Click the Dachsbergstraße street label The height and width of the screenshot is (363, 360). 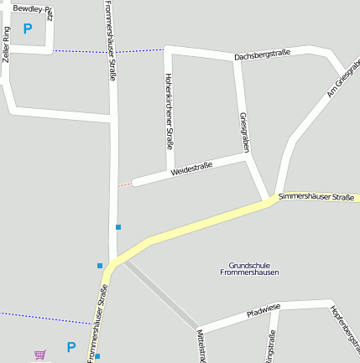(x=263, y=55)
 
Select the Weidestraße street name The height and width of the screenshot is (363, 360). (x=191, y=168)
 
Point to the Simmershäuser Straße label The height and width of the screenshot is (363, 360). (x=316, y=196)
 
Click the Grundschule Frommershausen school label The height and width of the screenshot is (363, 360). (x=249, y=268)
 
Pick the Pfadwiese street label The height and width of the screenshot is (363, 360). (x=263, y=312)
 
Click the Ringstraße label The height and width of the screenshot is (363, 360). (x=270, y=347)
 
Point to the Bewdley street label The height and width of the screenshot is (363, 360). (x=32, y=8)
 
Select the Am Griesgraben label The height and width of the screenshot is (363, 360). (x=342, y=80)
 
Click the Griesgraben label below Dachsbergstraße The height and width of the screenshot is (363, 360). (x=244, y=132)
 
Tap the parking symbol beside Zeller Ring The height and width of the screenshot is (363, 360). (x=28, y=29)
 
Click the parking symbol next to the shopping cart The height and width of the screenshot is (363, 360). (x=70, y=346)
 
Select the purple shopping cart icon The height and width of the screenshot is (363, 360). (x=39, y=355)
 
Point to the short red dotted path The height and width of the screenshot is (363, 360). (x=123, y=183)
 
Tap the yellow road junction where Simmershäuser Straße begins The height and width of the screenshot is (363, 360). (x=274, y=200)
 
